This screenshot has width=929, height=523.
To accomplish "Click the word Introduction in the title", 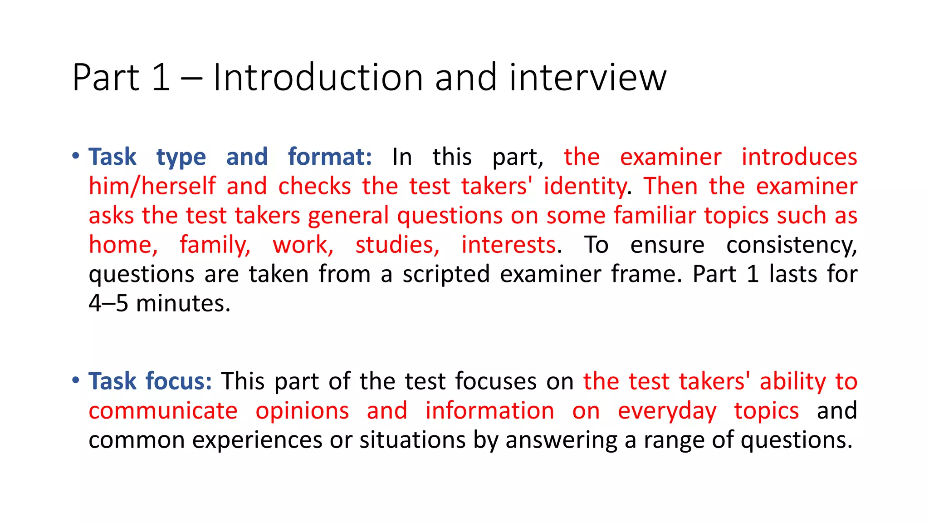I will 318,78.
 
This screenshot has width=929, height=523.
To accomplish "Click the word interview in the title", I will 587,78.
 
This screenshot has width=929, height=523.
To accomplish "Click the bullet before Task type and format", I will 76,156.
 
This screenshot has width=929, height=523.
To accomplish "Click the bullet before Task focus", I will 76,380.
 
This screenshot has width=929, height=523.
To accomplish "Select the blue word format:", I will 330,157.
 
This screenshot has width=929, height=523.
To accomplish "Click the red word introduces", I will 799,157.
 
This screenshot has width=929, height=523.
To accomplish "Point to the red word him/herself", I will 152,187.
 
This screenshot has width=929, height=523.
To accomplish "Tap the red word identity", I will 585,187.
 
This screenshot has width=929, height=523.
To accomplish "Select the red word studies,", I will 397,245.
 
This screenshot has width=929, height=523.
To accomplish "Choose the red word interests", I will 509,245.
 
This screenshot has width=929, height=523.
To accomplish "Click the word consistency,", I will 791,245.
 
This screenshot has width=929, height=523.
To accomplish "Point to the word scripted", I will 446,275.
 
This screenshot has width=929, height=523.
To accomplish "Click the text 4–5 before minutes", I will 108,304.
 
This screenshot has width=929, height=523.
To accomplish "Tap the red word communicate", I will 163,411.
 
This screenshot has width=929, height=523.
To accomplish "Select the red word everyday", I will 667,411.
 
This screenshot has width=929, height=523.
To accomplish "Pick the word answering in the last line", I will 561,440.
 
